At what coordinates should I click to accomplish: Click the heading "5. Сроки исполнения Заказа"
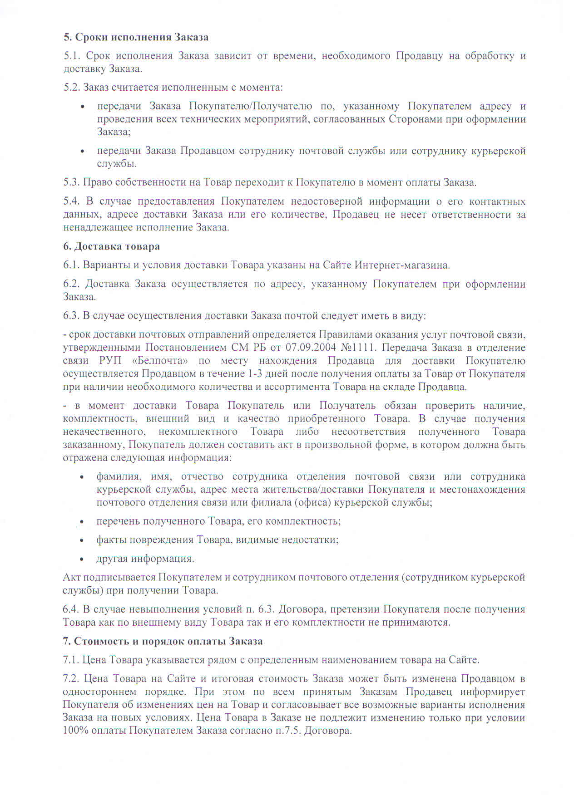[136, 37]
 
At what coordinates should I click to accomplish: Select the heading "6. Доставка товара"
[111, 246]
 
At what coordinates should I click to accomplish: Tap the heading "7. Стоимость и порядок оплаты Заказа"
[163, 641]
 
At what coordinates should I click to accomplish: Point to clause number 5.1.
[72, 56]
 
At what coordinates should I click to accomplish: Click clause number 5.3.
[72, 182]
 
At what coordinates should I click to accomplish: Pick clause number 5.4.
[72, 201]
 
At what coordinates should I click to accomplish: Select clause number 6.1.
[72, 265]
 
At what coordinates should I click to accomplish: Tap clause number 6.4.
[72, 609]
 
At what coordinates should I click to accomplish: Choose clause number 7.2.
[72, 679]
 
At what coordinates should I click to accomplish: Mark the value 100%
[73, 731]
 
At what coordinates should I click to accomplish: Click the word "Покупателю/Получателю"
[250, 106]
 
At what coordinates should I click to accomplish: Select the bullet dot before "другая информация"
[82, 559]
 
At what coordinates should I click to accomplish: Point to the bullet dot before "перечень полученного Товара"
[82, 522]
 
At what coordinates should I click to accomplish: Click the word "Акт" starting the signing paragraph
[71, 577]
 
